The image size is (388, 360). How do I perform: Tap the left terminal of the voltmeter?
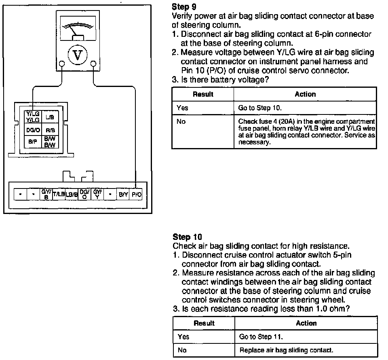61,64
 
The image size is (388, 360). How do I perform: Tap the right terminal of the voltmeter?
93,64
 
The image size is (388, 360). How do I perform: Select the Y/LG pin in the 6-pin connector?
33,117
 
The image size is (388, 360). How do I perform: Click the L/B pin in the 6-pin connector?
50,117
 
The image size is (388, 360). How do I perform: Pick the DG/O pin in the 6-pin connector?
33,130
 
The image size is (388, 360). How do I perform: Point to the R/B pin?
50,130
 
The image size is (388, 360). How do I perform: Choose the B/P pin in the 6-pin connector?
33,142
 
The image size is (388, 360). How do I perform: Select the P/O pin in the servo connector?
137,195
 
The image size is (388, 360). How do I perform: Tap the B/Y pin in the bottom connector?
123,195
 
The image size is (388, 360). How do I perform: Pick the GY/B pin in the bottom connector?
46,195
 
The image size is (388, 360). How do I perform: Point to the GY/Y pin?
97,195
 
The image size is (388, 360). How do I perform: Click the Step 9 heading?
181,7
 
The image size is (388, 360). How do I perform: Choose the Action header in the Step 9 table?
305,94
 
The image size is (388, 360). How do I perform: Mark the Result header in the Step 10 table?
204,323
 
